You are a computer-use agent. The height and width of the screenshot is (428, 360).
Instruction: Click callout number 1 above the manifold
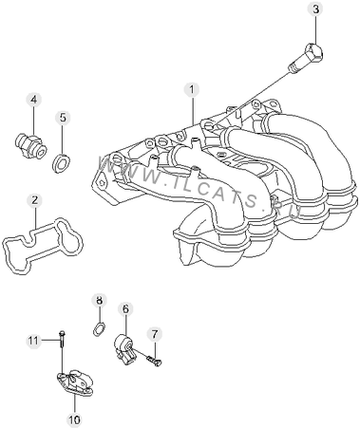[192, 89]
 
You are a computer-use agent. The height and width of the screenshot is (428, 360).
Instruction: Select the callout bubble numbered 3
[315, 9]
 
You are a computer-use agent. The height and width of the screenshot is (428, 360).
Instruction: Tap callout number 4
[34, 100]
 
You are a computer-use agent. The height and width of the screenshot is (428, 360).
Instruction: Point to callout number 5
[63, 118]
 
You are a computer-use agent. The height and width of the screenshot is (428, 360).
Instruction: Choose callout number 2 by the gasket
[34, 200]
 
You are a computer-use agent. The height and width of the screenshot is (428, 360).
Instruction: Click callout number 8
[100, 301]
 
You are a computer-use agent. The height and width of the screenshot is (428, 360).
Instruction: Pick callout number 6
[125, 309]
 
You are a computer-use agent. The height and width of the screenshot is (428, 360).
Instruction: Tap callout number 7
[154, 334]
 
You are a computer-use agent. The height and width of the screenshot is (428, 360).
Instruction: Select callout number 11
[33, 341]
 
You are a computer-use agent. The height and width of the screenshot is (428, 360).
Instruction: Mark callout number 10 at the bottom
[75, 419]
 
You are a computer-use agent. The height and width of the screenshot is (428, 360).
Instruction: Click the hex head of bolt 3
[314, 52]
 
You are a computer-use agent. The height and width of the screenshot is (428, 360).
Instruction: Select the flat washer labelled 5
[61, 163]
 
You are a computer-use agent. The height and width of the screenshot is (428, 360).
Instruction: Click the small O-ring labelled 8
[99, 328]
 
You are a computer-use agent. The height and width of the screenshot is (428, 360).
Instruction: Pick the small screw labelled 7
[154, 362]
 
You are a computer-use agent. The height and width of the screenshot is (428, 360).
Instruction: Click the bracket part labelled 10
[75, 382]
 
